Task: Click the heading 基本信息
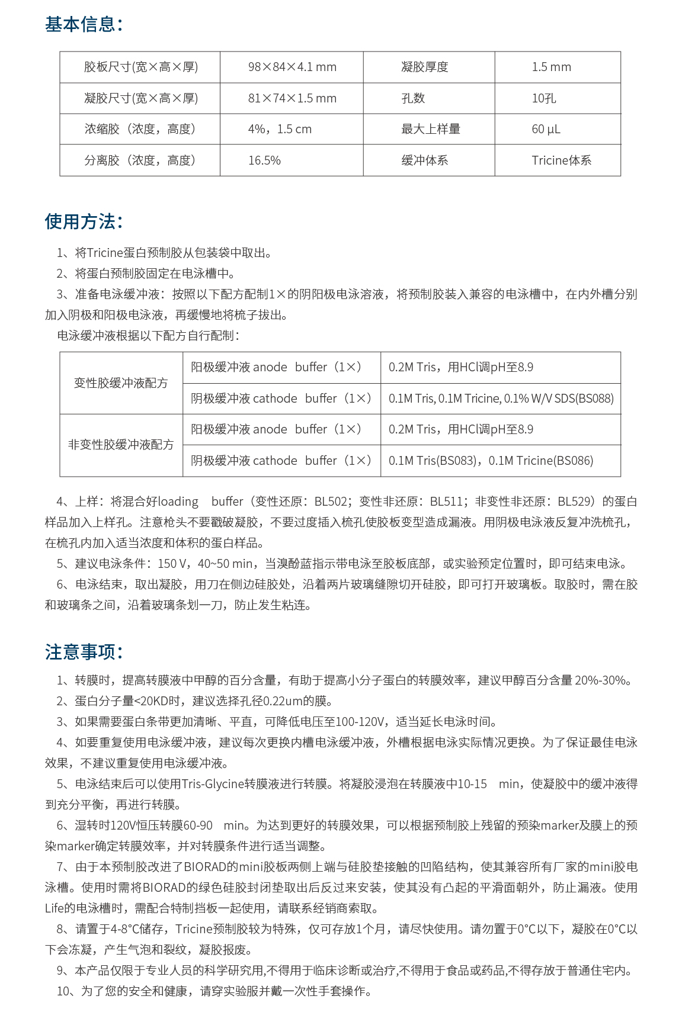[84, 25]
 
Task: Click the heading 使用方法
[84, 222]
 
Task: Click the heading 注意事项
[84, 652]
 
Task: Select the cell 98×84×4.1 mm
[292, 67]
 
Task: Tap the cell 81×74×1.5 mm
[292, 98]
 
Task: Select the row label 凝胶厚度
[424, 67]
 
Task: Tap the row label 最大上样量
[430, 129]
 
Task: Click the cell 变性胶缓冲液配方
[121, 383]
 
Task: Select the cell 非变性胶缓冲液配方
[121, 445]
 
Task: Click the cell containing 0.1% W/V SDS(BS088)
[501, 399]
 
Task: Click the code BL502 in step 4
[331, 502]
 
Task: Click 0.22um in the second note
[282, 701]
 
